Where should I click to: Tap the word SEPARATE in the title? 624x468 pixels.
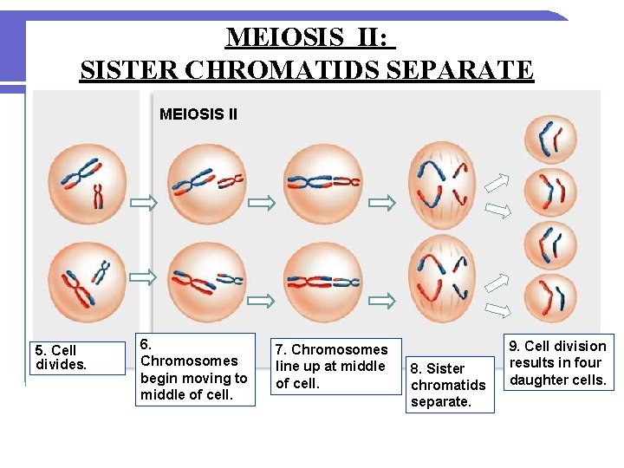point(460,68)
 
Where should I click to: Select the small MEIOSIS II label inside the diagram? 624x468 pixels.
point(198,114)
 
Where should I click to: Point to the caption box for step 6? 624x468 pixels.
point(194,369)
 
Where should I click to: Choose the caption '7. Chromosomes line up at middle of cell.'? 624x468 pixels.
point(338,366)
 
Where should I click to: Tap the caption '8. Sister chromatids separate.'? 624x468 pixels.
point(450,385)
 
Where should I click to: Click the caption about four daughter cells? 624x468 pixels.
point(558,362)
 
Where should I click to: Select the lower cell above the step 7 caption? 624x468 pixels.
point(323,281)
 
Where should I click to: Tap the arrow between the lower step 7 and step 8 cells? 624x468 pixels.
point(381,300)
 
